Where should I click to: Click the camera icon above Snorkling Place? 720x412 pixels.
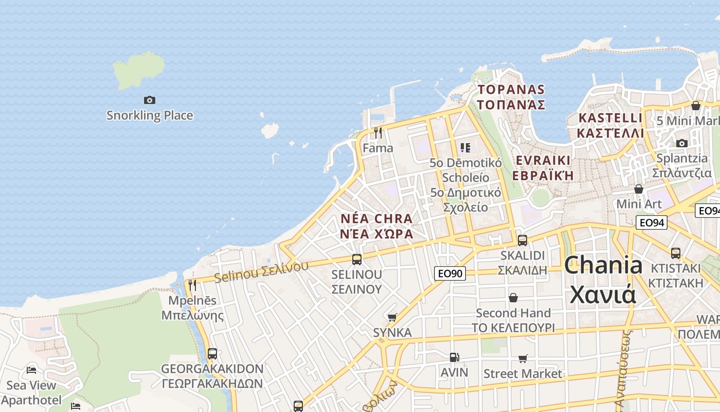[x=150, y=100]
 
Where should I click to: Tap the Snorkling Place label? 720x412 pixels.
[x=150, y=115]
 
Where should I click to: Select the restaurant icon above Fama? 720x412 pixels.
[x=378, y=133]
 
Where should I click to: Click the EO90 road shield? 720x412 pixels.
[x=450, y=273]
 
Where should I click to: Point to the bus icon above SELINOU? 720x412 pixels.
[x=357, y=260]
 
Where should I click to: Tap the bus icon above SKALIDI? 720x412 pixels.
[x=523, y=241]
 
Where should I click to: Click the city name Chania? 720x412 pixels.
[x=603, y=266]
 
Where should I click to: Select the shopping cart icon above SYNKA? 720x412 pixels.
[x=392, y=317]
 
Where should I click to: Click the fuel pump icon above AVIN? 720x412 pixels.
[x=455, y=357]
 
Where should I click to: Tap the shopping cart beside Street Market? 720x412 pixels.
[x=523, y=358]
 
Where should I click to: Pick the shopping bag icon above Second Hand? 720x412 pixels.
[x=513, y=298]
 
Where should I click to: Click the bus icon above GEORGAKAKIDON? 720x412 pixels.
[x=212, y=354]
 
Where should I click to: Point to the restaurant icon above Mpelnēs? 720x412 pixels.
[x=192, y=285]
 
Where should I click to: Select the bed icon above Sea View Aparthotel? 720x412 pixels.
[x=31, y=370]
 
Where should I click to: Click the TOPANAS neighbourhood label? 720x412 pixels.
[x=511, y=90]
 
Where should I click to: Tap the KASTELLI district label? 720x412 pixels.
[x=610, y=118]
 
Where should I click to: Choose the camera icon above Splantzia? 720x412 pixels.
[x=682, y=143]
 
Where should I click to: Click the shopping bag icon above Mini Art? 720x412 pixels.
[x=639, y=189]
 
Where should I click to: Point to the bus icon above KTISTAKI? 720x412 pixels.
[x=676, y=253]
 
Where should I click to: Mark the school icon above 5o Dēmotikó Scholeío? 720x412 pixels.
[x=465, y=148]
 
